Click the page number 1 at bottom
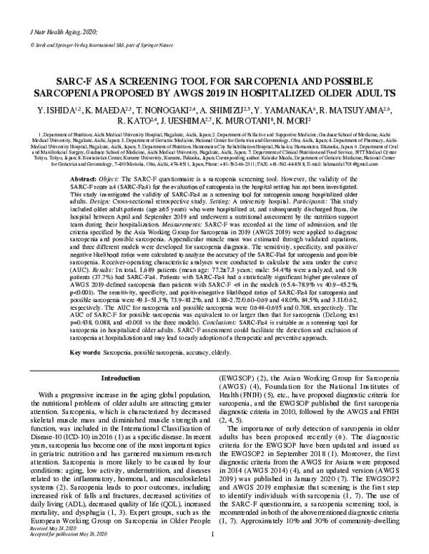coord(213,545)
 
